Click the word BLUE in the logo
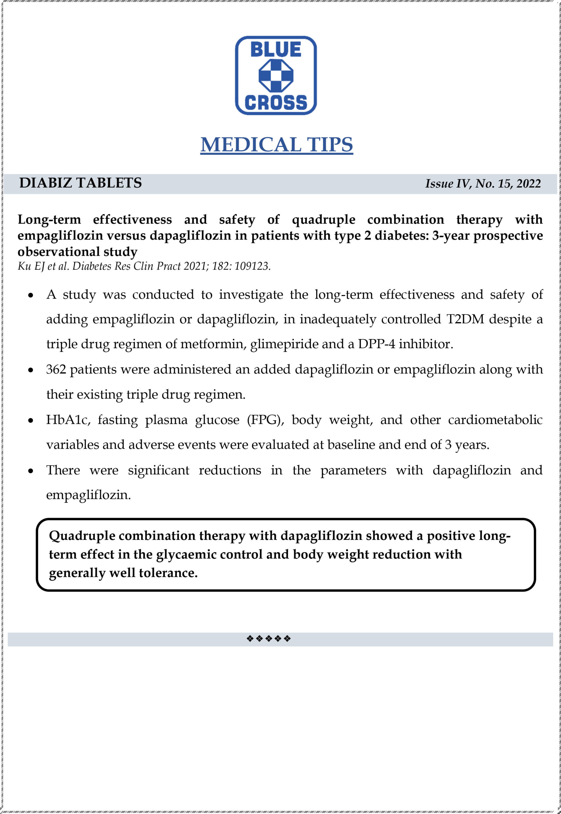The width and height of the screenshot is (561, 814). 276,50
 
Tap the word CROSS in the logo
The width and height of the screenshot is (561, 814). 276,102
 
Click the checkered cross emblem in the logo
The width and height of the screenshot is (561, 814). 276,76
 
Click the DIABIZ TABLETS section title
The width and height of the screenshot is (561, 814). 80,183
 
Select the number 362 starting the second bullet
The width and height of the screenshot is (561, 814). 56,369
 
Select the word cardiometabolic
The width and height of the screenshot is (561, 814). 495,420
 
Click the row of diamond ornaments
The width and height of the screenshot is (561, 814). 269,638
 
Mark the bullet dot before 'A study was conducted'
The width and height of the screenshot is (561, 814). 31,295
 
